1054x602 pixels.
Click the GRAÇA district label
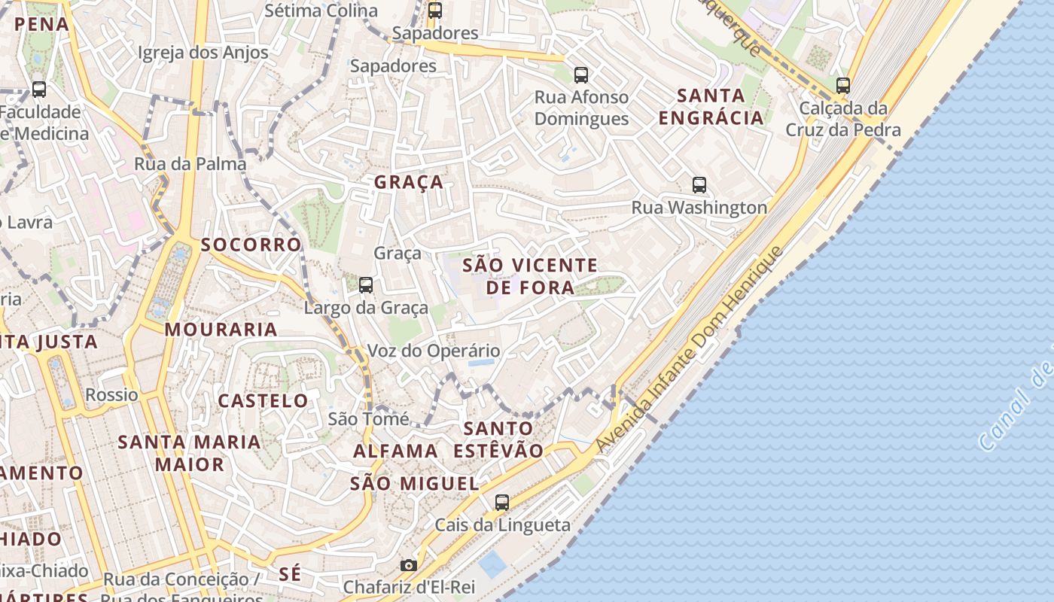coord(409,182)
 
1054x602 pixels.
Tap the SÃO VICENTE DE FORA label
coord(530,275)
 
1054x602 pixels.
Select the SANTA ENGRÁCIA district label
coord(711,107)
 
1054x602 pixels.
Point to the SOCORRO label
coord(251,245)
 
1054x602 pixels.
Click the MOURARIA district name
coord(221,330)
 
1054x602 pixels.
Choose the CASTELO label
coord(263,400)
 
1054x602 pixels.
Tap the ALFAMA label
coord(395,451)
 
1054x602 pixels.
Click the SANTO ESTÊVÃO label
coord(498,439)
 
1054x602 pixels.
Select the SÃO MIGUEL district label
coord(414,484)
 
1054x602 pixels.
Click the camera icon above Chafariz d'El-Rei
coord(408,565)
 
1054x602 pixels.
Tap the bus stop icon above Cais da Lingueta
coord(502,502)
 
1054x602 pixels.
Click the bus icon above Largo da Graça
coord(366,284)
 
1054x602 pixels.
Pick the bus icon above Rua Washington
coord(699,184)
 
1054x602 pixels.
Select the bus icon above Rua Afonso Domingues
coord(581,74)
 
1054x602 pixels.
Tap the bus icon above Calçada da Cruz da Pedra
coord(843,85)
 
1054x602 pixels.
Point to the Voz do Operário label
coord(433,351)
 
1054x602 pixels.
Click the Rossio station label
coord(111,394)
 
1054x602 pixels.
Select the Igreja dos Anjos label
coord(203,52)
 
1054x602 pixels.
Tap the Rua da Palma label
coord(190,163)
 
